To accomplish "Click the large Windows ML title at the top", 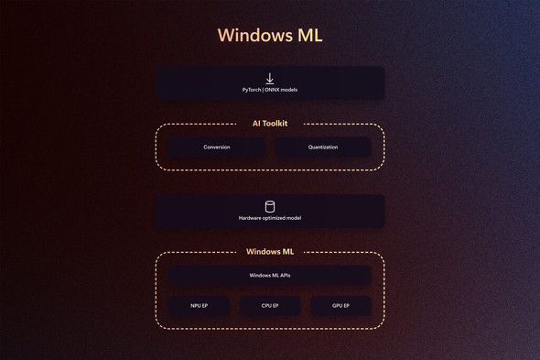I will click(270, 36).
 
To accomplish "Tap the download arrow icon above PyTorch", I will click(270, 79).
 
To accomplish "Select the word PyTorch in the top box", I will click(253, 90).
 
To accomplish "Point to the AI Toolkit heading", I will click(270, 123).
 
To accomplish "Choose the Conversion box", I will click(217, 147).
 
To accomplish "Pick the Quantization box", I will click(323, 147).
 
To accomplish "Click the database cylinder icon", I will click(270, 206).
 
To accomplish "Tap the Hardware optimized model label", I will click(270, 218).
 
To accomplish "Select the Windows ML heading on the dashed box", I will click(270, 251).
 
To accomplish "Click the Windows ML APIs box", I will click(270, 275).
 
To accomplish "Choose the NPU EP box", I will click(200, 306).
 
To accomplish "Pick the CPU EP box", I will click(270, 306).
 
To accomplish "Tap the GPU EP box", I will click(340, 306).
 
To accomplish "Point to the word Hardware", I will click(250, 218).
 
